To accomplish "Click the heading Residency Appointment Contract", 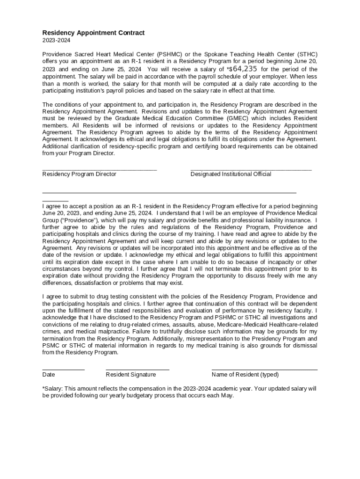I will (x=94, y=33).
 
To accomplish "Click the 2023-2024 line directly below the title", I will (x=55, y=41).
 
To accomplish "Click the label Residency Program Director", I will (x=79, y=174).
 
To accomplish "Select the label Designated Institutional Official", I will (x=230, y=174).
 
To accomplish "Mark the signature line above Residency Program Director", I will (x=100, y=170).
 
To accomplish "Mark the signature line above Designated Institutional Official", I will (x=251, y=170).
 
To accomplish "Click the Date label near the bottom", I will (x=49, y=375).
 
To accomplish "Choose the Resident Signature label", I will (x=131, y=375).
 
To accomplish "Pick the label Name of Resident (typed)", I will (x=245, y=375).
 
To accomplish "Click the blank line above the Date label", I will (x=63, y=370).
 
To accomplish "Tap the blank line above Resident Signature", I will (x=137, y=370).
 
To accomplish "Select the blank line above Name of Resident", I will (x=264, y=370).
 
